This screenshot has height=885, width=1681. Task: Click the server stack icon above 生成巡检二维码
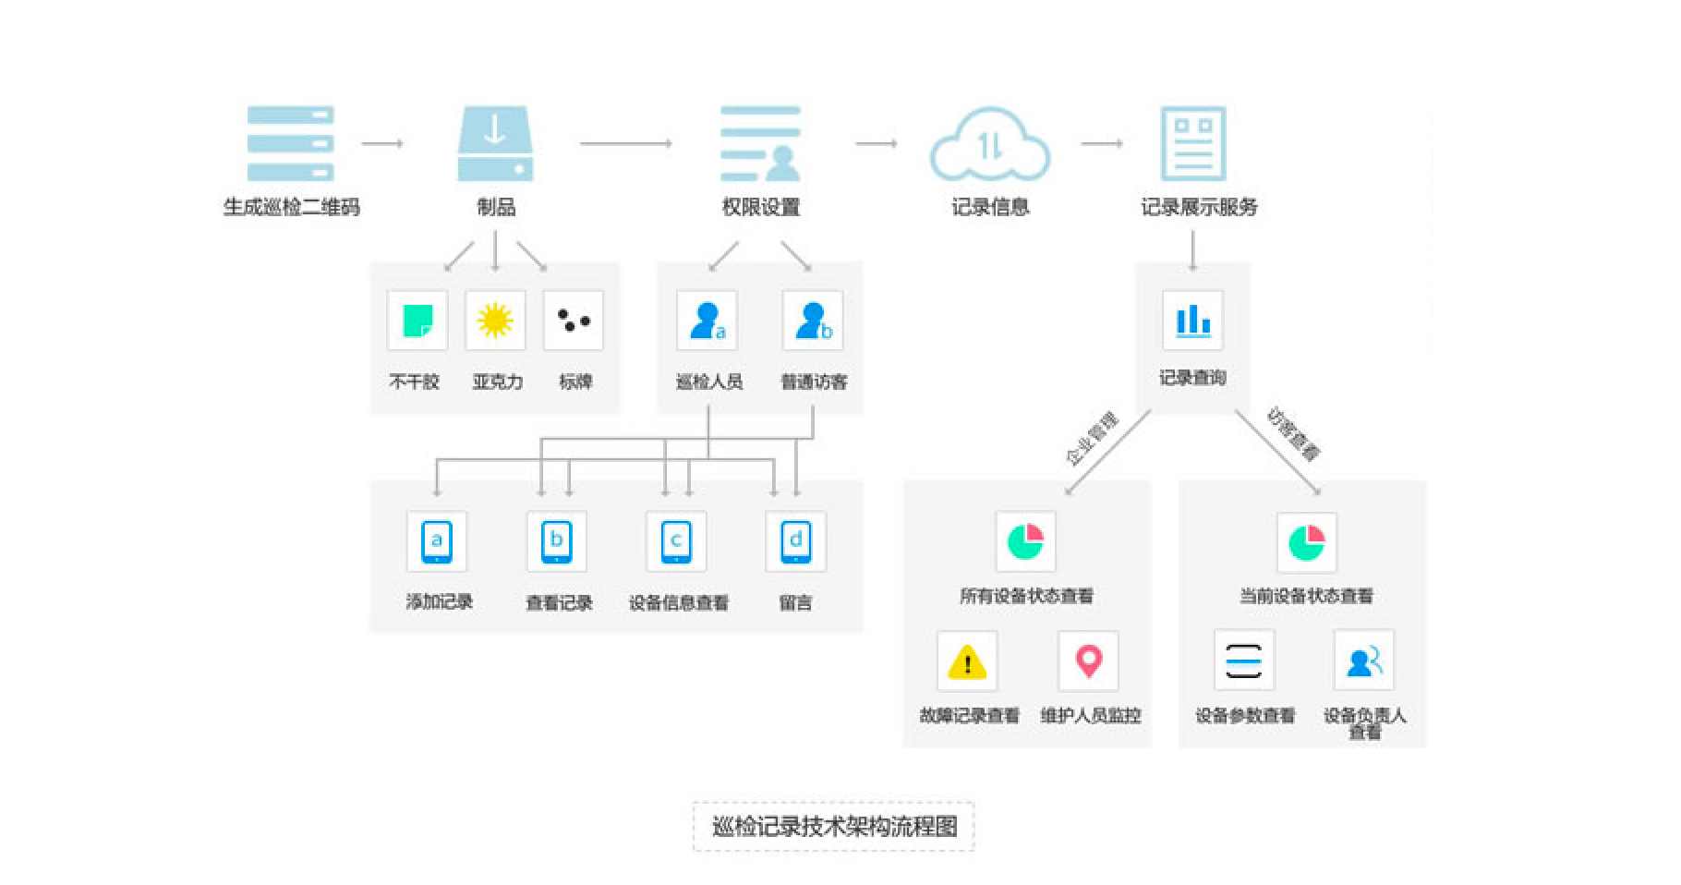290,143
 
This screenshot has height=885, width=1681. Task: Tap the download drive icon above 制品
495,143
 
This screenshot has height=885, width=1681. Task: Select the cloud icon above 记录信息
989,145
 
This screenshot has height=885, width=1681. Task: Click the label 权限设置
760,207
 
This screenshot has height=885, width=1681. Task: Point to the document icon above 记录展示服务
1192,143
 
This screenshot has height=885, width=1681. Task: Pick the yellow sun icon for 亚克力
495,321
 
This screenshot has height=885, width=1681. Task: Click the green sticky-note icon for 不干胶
417,321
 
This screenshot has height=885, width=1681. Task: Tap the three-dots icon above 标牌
573,321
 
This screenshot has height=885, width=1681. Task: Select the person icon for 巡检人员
707,321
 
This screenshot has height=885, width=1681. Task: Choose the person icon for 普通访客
813,321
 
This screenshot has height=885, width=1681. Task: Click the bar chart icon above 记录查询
1192,321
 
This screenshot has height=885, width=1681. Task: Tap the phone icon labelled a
436,541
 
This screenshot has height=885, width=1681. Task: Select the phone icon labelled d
795,541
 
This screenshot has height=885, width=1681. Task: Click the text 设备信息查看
679,603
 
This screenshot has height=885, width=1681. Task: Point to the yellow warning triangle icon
967,661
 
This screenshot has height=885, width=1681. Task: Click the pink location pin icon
1088,661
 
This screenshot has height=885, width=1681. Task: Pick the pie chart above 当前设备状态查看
1306,542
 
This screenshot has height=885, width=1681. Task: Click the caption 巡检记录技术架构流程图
833,826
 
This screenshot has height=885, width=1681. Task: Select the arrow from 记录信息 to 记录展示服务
1101,143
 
